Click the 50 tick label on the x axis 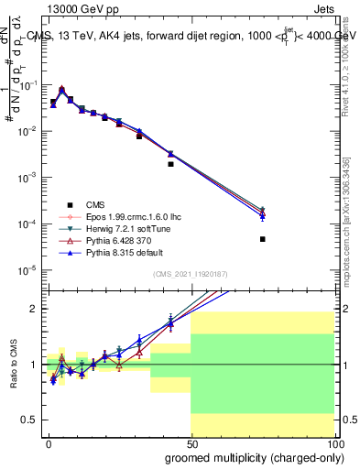coord(191,444)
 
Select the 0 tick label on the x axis coord(49,444)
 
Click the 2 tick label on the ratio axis coord(35,309)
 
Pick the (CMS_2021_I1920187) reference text coord(191,274)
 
